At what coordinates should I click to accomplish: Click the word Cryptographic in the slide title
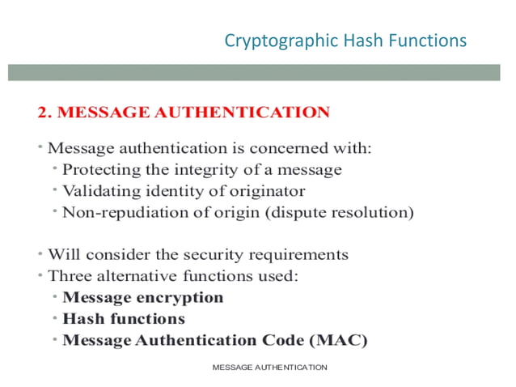273,40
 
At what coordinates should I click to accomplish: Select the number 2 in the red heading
43,113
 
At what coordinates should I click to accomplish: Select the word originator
266,192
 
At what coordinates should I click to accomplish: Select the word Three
70,276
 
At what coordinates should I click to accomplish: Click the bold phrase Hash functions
124,319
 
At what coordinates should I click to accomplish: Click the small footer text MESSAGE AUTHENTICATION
269,368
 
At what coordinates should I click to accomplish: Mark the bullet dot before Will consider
40,253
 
